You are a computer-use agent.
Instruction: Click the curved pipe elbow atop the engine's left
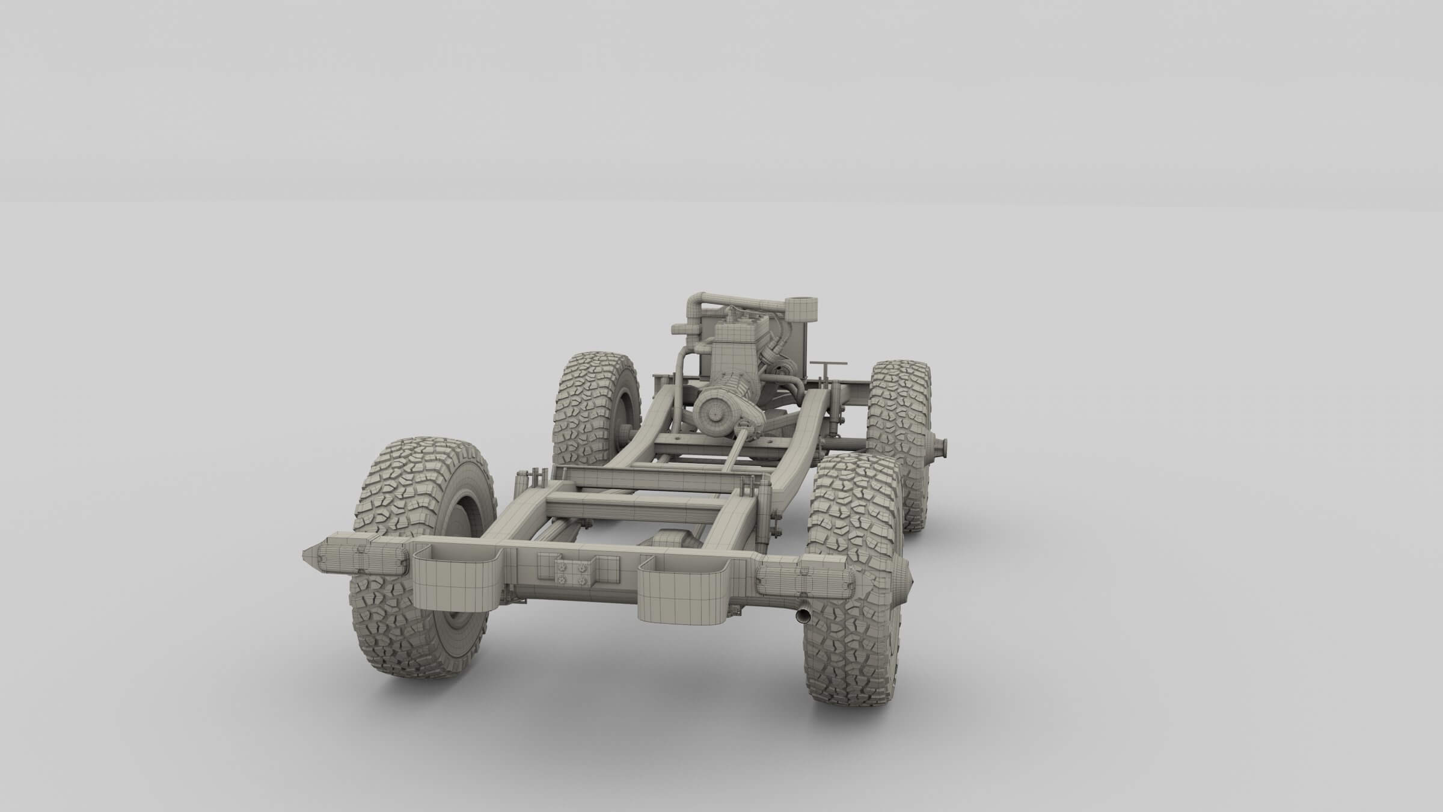pyautogui.click(x=697, y=303)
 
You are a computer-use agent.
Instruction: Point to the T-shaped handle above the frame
pyautogui.click(x=828, y=366)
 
